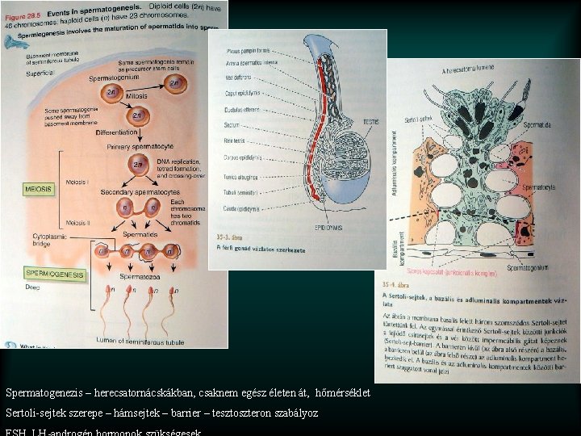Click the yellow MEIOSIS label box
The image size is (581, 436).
[x=39, y=189]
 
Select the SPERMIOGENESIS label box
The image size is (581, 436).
[x=54, y=275]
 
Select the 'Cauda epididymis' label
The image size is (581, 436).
[x=243, y=208]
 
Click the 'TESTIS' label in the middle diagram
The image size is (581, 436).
[x=370, y=122]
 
